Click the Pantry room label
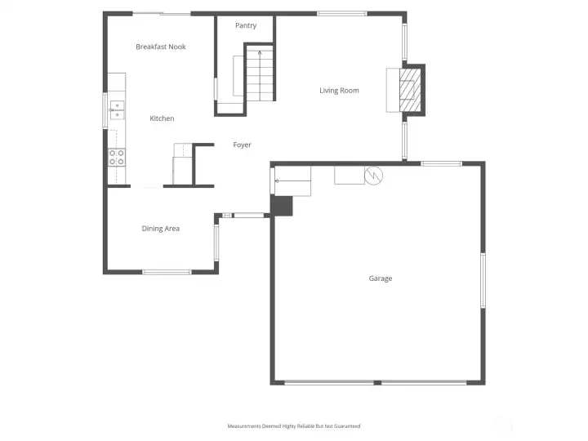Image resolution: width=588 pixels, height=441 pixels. click(246, 25)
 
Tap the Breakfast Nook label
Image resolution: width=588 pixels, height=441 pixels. click(161, 47)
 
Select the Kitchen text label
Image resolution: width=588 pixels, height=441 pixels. click(162, 118)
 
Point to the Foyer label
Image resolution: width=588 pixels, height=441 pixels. click(243, 145)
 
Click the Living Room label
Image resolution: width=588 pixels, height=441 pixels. click(339, 91)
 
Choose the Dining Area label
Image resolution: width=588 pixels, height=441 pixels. click(161, 229)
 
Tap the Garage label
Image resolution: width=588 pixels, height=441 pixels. click(381, 278)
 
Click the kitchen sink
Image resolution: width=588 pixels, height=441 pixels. click(117, 110)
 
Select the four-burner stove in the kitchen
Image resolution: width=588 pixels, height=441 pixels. click(117, 157)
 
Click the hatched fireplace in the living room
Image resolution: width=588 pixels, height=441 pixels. click(410, 90)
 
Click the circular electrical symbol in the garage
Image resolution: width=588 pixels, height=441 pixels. click(373, 176)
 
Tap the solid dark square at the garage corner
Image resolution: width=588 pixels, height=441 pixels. click(282, 206)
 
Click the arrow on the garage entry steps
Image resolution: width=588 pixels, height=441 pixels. click(292, 180)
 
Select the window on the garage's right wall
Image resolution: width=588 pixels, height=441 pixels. click(483, 280)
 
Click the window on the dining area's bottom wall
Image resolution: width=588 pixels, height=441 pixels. click(167, 272)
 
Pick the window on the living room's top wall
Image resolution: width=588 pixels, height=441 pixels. click(342, 14)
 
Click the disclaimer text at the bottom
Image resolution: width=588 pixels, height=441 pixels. click(294, 426)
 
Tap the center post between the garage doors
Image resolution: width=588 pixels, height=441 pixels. click(377, 383)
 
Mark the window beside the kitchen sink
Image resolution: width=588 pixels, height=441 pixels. click(105, 111)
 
